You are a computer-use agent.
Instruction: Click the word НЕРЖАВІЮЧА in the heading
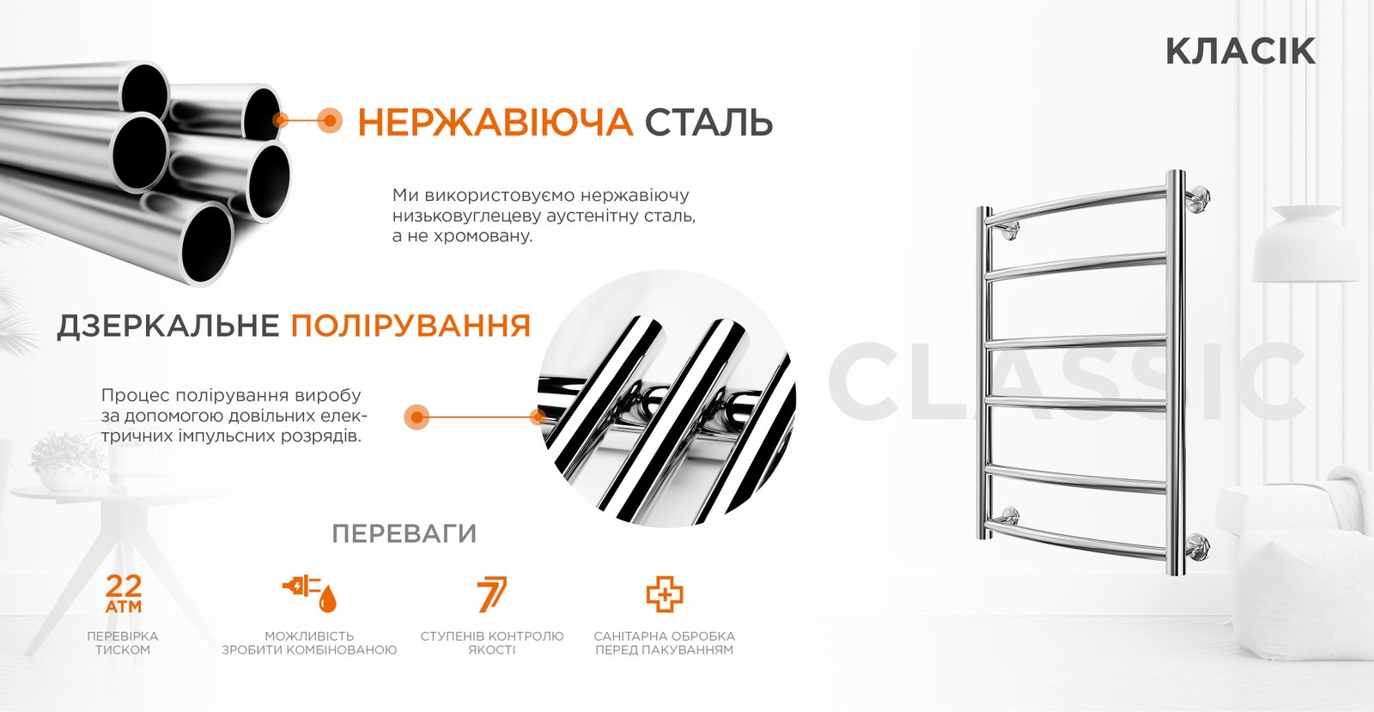pos(495,122)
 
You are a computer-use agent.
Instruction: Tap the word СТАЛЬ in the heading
pos(708,122)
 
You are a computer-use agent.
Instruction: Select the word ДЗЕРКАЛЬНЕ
pos(168,326)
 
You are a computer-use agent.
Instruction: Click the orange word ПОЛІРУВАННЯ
pos(410,326)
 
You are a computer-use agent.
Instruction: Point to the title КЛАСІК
pos(1240,51)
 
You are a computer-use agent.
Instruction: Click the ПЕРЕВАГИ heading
pos(404,534)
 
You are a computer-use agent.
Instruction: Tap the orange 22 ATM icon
pos(124,593)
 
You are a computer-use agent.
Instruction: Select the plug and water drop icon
pos(310,593)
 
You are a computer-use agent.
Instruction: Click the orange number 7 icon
pos(492,593)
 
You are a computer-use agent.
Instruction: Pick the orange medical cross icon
pos(665,593)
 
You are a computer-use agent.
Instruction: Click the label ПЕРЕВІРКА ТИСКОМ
pos(123,642)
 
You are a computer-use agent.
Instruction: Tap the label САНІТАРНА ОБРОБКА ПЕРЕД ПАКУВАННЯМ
pos(665,642)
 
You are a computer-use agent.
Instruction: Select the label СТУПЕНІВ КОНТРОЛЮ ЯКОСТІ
pos(492,642)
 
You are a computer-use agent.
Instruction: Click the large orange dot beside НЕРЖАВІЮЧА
pos(330,120)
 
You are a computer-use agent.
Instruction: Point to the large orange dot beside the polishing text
pos(417,417)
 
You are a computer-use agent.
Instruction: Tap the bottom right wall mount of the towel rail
pos(1197,547)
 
